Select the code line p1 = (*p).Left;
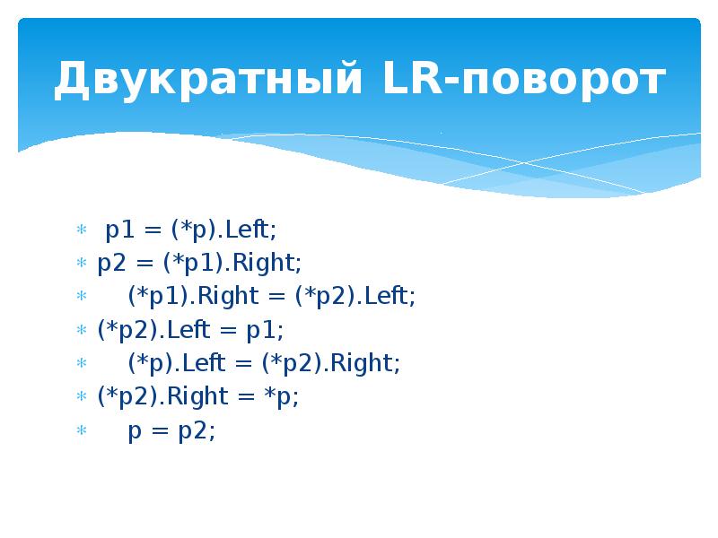[191, 230]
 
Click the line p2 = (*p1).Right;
[200, 263]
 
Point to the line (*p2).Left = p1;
[190, 330]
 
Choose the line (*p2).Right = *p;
[198, 397]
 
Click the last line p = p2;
[171, 430]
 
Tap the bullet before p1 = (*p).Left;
[80, 230]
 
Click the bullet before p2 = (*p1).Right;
[80, 264]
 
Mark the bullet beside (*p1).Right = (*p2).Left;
[80, 298]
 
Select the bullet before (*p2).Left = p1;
[80, 331]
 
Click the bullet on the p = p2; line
[80, 432]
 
